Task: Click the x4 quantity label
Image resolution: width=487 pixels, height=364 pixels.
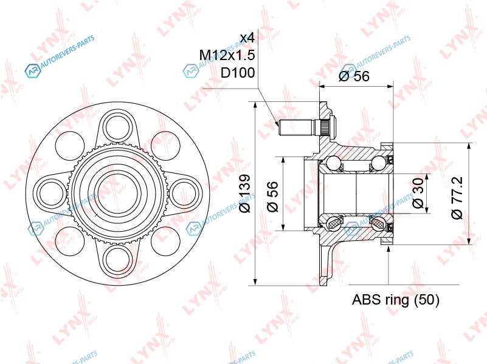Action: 247,38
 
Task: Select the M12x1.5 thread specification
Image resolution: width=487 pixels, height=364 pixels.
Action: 227,55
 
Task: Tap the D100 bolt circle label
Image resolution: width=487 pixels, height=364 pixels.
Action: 238,73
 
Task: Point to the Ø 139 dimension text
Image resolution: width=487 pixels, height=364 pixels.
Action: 245,194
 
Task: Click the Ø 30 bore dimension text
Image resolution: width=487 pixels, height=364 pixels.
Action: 418,193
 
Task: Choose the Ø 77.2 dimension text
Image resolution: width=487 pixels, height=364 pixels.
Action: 457,198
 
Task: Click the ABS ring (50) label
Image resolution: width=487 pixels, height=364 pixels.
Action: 395,300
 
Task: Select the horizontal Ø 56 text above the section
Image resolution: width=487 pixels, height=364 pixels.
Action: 354,76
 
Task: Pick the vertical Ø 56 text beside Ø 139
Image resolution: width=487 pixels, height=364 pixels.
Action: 272,196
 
